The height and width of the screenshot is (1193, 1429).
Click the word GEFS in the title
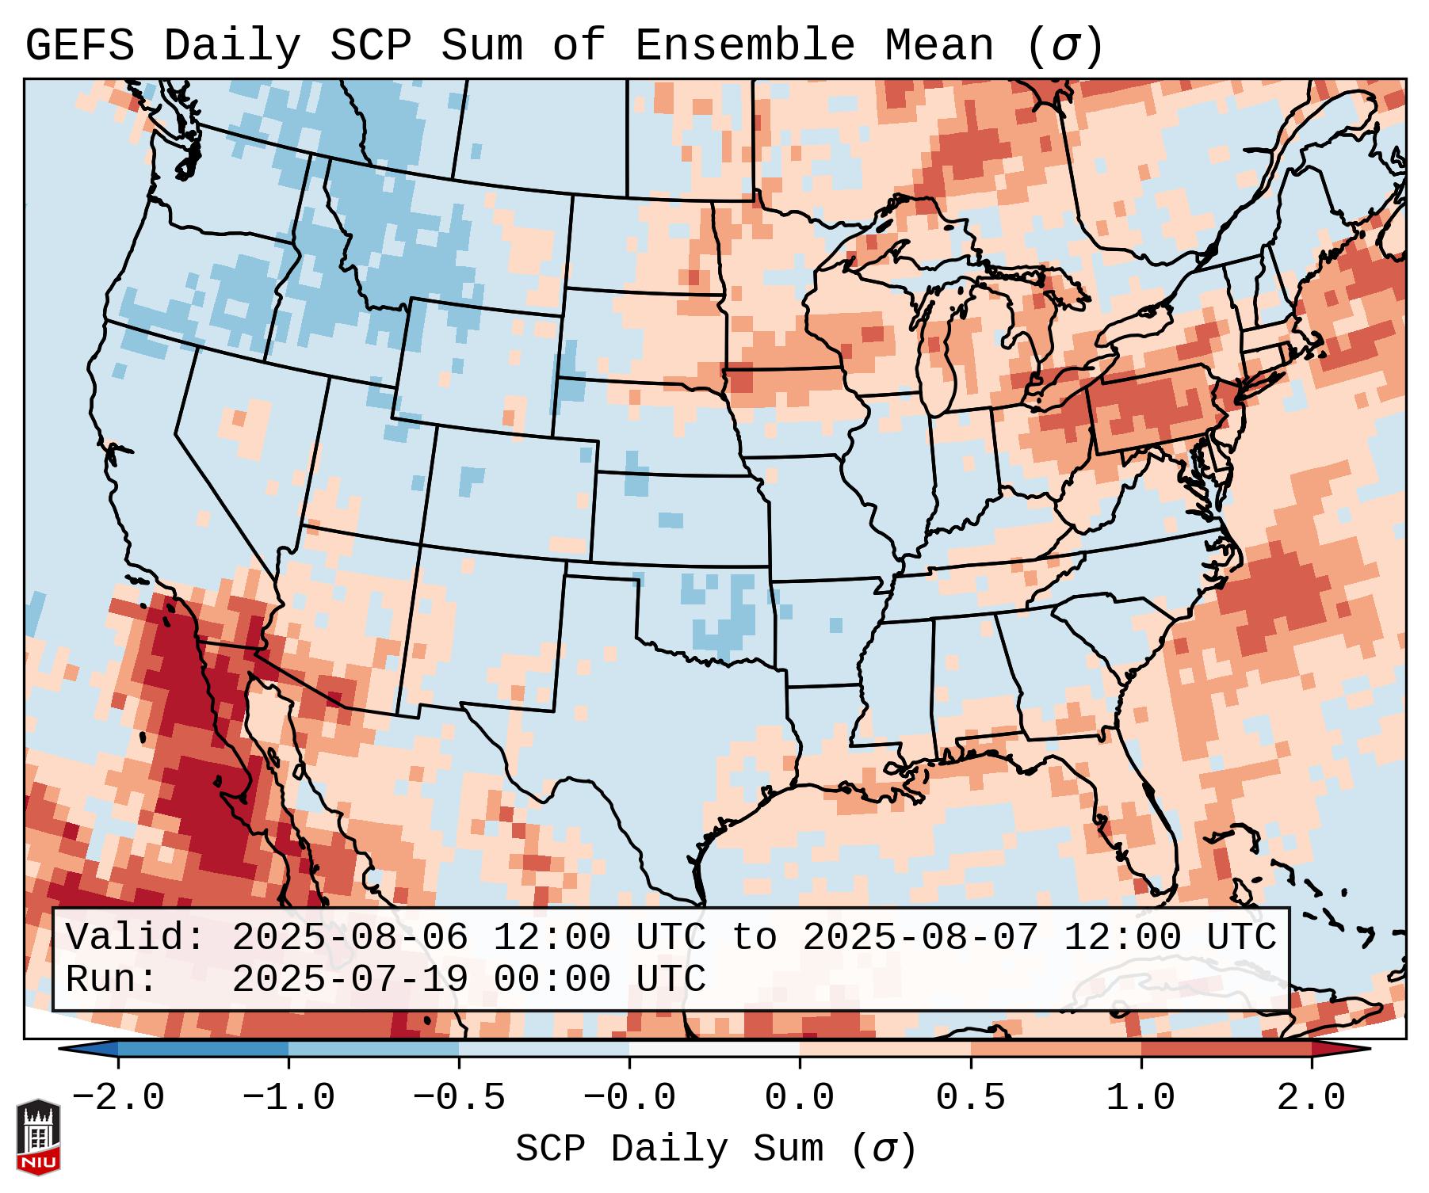click(79, 46)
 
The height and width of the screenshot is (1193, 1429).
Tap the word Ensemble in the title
click(745, 46)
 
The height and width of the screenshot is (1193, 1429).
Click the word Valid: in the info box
click(136, 938)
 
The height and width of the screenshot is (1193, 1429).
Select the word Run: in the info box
click(112, 980)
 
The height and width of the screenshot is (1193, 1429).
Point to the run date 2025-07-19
click(350, 980)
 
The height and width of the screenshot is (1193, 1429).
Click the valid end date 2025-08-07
click(920, 938)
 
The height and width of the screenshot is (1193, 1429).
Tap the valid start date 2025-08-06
click(350, 938)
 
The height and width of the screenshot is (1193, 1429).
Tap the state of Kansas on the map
click(678, 519)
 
